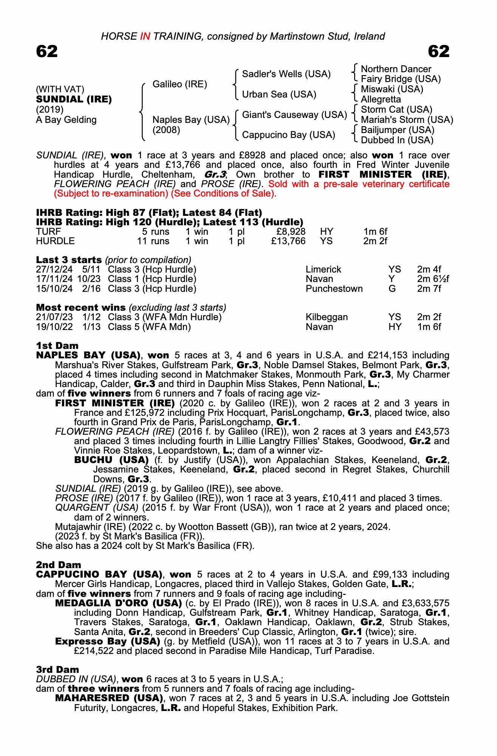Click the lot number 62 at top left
tap(47, 51)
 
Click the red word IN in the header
tap(145, 36)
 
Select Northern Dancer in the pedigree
tap(396, 69)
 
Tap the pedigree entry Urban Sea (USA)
tap(279, 94)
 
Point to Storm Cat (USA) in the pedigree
tap(396, 110)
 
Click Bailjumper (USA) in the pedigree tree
tap(397, 130)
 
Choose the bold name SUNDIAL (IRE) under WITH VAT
tap(74, 99)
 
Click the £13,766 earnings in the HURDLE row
tap(288, 241)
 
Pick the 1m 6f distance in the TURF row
tap(375, 232)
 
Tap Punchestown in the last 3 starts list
tap(334, 289)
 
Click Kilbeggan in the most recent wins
tap(326, 317)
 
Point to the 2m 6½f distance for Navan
tap(433, 279)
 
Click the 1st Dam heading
tap(57, 346)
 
